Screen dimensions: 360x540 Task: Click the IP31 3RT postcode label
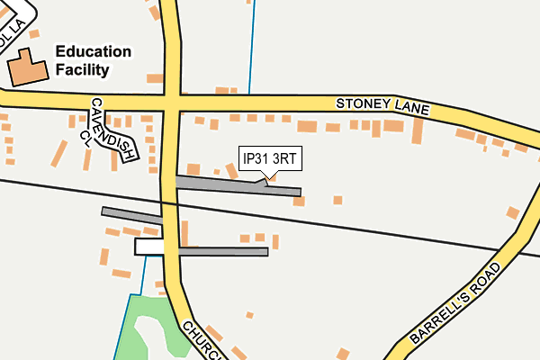click(x=269, y=159)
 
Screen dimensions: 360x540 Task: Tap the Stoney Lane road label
click(x=383, y=105)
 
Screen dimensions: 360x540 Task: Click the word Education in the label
click(x=93, y=51)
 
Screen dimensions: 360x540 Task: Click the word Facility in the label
click(x=82, y=69)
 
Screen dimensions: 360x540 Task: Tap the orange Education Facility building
click(x=26, y=67)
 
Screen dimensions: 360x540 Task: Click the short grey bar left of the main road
click(x=131, y=214)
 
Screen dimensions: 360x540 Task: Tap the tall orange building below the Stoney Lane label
click(x=417, y=130)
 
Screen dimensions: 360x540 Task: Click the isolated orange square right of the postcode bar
click(x=337, y=200)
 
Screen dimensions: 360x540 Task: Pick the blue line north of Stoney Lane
click(x=250, y=45)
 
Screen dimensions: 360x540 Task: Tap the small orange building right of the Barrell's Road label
click(x=513, y=212)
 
